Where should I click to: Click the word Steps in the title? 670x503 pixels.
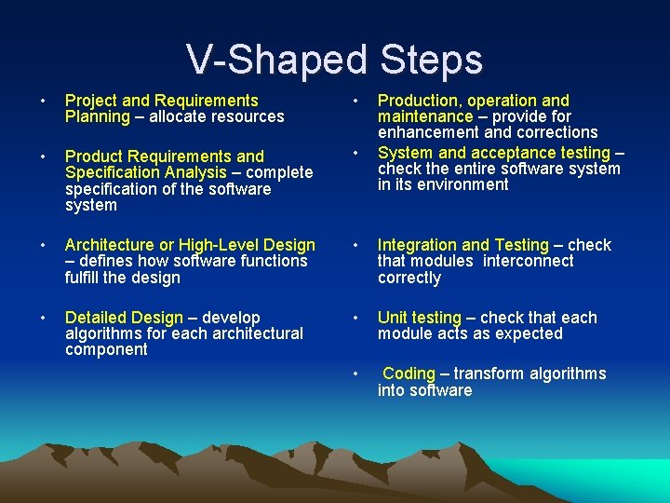click(431, 60)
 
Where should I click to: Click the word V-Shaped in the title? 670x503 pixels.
click(278, 60)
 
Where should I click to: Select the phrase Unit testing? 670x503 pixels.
click(419, 318)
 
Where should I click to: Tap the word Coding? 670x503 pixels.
click(409, 374)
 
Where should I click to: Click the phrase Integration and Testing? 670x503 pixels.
click(462, 245)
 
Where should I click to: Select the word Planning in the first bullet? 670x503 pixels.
click(98, 116)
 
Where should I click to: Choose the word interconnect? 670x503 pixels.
click(529, 262)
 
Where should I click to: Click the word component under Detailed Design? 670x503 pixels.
click(106, 350)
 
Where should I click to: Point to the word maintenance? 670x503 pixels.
click(424, 116)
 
